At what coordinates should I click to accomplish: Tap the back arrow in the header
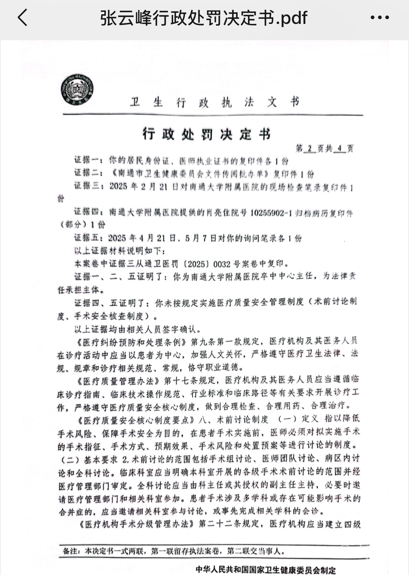click(x=23, y=18)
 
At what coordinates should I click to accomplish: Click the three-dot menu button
click(x=380, y=18)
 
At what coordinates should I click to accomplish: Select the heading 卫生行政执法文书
click(x=214, y=102)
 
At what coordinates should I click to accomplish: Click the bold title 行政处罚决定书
click(x=207, y=134)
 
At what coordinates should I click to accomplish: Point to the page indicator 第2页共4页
click(x=324, y=148)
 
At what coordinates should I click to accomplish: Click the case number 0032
click(x=222, y=264)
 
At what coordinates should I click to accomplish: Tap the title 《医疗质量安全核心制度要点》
click(x=135, y=420)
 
